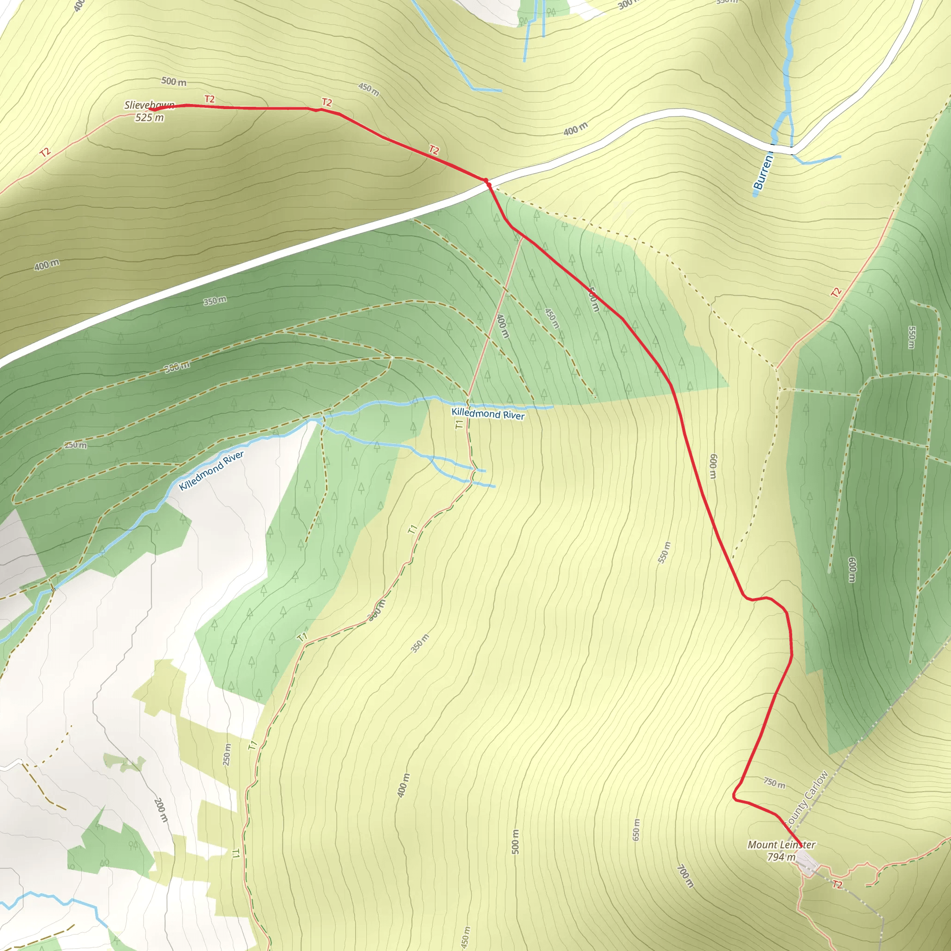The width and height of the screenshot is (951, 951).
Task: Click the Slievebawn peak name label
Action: pos(149,105)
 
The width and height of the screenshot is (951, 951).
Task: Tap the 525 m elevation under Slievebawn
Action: pos(149,117)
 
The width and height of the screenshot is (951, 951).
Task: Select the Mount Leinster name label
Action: pos(781,845)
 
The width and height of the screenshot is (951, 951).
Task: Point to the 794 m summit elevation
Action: pos(781,857)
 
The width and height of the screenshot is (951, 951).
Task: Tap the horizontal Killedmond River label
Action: pos(488,415)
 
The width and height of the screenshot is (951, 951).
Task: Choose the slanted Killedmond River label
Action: pos(211,470)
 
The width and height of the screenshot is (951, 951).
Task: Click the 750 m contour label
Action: pos(774,782)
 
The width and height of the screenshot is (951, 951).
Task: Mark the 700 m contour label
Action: pos(685,876)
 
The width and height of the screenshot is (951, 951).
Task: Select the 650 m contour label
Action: pos(636,829)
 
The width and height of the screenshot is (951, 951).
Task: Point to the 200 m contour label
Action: pos(161,810)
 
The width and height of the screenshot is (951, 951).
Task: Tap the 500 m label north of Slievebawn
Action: pos(174,81)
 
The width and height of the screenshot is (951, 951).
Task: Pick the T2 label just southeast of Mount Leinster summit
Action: pos(837,885)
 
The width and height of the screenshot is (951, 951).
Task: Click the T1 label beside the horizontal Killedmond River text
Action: pos(459,424)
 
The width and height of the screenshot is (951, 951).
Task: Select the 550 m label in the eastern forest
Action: pos(911,337)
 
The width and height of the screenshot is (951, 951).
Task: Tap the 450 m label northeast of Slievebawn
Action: pos(369,90)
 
